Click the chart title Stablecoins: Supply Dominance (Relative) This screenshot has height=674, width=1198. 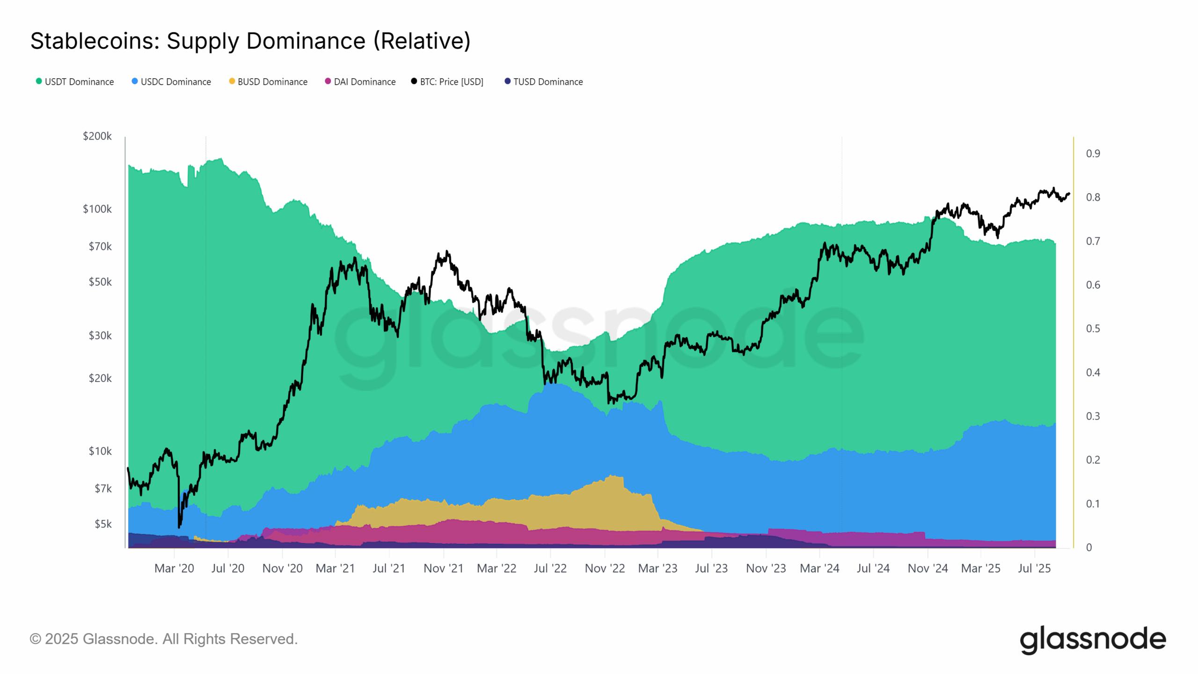pyautogui.click(x=250, y=41)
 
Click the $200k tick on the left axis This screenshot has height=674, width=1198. pyautogui.click(x=97, y=136)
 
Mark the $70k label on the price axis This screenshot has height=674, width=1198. pyautogui.click(x=100, y=246)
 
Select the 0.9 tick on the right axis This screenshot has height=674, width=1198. pyautogui.click(x=1093, y=154)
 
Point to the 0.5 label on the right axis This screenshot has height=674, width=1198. pyautogui.click(x=1093, y=329)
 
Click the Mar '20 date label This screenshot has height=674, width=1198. pyautogui.click(x=174, y=569)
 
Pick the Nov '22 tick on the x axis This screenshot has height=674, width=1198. pyautogui.click(x=605, y=569)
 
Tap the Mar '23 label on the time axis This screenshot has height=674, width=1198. pyautogui.click(x=657, y=569)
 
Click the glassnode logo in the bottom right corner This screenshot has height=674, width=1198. pyautogui.click(x=1092, y=639)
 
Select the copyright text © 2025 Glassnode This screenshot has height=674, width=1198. pyautogui.click(x=163, y=639)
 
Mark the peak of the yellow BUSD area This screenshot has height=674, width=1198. pyautogui.click(x=613, y=476)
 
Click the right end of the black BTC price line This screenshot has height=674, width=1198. pyautogui.click(x=1069, y=194)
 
